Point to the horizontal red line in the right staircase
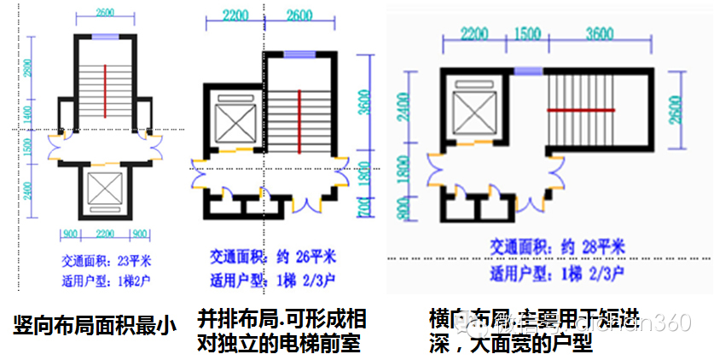point(581,110)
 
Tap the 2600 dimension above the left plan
point(104,13)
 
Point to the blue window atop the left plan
point(104,37)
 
